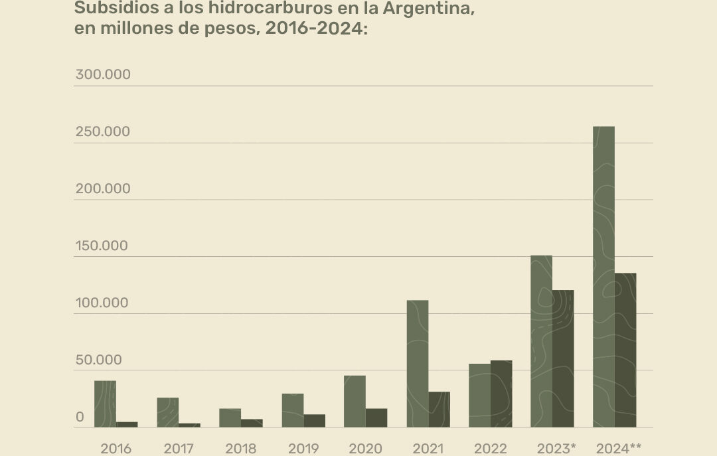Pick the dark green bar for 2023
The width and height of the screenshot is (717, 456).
click(563, 358)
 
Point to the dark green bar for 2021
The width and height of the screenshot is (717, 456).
click(439, 409)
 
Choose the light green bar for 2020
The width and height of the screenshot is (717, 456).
click(355, 401)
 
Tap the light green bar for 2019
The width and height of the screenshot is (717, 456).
click(292, 410)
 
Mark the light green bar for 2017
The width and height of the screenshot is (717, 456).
click(167, 412)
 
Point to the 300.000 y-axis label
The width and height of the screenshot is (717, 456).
click(103, 74)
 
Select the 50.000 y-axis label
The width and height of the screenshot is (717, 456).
click(98, 360)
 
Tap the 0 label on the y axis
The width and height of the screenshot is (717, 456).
click(80, 418)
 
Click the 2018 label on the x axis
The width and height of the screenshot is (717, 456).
click(240, 449)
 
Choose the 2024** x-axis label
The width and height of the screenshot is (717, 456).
click(619, 449)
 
